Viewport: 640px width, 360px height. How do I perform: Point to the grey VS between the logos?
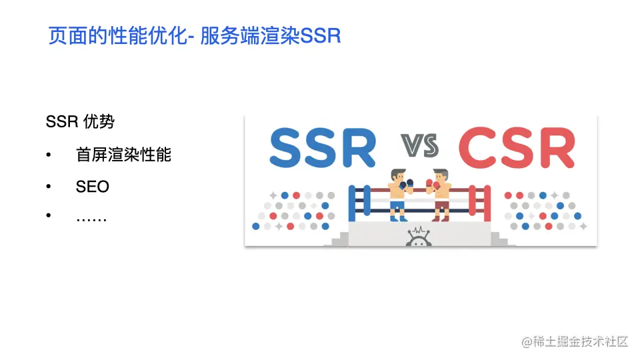click(419, 145)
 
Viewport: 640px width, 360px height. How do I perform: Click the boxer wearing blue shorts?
click(398, 194)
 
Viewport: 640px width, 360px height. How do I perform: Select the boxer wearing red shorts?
click(441, 194)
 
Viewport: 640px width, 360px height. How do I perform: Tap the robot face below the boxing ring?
click(419, 236)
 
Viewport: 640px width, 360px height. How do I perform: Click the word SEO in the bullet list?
click(92, 187)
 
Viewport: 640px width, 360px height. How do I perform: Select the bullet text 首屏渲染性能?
click(123, 155)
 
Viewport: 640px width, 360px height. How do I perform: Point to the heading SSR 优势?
click(79, 122)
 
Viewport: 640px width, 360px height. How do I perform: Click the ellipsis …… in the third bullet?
click(91, 218)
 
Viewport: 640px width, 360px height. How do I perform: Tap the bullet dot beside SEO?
click(49, 187)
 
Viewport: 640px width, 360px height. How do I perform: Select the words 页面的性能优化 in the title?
click(113, 35)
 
